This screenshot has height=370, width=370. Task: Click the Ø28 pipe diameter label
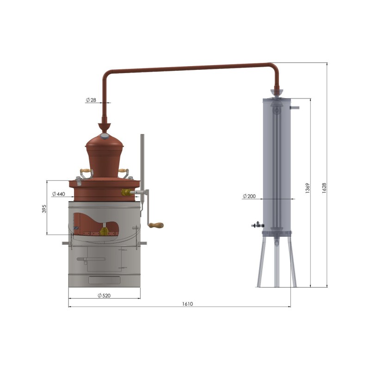click(x=91, y=100)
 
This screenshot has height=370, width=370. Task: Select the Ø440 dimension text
click(x=59, y=194)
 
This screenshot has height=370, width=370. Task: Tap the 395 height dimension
click(x=44, y=209)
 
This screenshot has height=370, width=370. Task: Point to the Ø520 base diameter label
click(x=104, y=296)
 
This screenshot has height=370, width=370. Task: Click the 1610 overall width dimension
click(x=187, y=304)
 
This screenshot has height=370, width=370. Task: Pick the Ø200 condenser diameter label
click(x=249, y=196)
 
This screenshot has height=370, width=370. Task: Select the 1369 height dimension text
click(x=308, y=188)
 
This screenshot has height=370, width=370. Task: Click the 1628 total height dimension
click(x=324, y=188)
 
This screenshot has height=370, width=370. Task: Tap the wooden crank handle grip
click(x=156, y=225)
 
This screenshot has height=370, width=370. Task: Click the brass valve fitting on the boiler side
click(x=126, y=192)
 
